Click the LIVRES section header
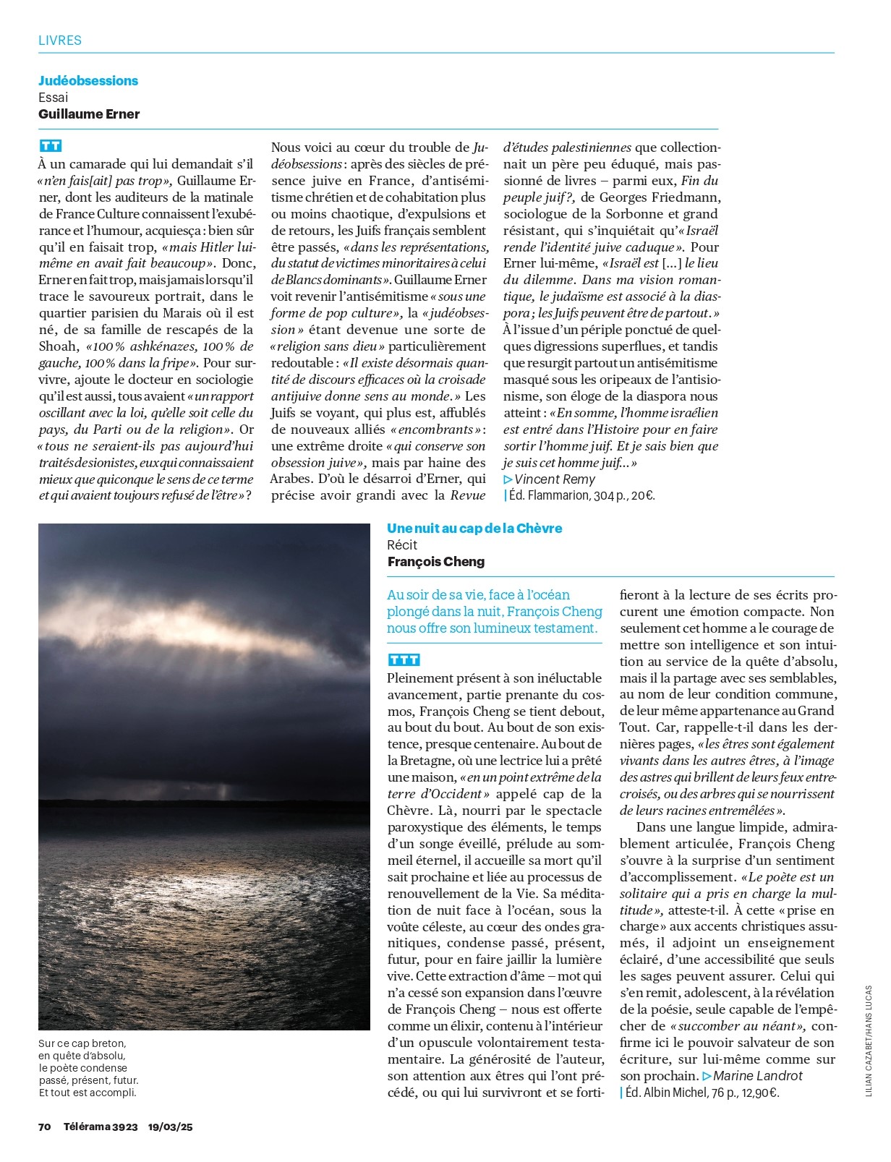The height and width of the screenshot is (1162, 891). pyautogui.click(x=60, y=40)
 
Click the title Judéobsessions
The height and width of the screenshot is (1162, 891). pyautogui.click(x=88, y=81)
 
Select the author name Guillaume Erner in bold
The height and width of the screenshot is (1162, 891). pyautogui.click(x=89, y=114)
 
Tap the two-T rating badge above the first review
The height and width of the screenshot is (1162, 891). pyautogui.click(x=51, y=146)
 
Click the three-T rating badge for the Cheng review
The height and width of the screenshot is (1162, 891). pyautogui.click(x=404, y=660)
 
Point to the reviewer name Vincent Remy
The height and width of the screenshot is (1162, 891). pyautogui.click(x=554, y=479)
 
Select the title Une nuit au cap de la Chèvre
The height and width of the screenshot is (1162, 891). pyautogui.click(x=474, y=529)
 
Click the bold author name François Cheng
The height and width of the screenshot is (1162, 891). pyautogui.click(x=436, y=562)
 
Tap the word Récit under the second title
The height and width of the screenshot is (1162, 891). pyautogui.click(x=402, y=545)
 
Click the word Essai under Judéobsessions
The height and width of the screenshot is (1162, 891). pyautogui.click(x=54, y=98)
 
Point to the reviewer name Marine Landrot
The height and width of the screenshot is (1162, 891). pyautogui.click(x=757, y=1076)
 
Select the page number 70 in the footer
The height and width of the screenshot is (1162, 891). pyautogui.click(x=45, y=1127)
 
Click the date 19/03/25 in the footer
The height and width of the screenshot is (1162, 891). pyautogui.click(x=171, y=1127)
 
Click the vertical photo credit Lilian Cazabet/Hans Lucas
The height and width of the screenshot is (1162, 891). pyautogui.click(x=869, y=1041)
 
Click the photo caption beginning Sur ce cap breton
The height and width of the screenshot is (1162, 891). pyautogui.click(x=88, y=1068)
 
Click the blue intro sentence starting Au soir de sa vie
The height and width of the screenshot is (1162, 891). pyautogui.click(x=494, y=612)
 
